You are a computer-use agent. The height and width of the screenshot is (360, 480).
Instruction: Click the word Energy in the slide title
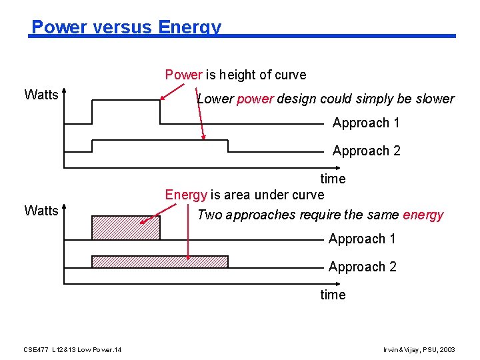click(189, 27)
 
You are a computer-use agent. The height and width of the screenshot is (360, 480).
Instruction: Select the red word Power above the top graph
click(183, 75)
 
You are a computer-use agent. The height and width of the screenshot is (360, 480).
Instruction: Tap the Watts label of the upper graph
click(41, 95)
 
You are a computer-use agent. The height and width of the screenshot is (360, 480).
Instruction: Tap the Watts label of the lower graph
click(41, 211)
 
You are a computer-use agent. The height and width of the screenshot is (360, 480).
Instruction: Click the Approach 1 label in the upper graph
click(366, 123)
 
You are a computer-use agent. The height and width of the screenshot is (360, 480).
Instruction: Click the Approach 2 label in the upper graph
click(366, 151)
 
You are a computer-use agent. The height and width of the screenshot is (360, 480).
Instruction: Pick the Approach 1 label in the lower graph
click(362, 239)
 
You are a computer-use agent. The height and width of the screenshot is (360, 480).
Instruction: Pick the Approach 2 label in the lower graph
click(362, 267)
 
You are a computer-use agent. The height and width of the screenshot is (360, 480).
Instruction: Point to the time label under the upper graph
click(333, 179)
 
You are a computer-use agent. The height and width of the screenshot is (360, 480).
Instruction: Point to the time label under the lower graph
click(333, 295)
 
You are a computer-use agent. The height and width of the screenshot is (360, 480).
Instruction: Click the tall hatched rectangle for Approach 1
click(126, 228)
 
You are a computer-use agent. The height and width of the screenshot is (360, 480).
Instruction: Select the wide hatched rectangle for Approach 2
click(160, 261)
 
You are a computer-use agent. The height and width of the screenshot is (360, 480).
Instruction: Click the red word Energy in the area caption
click(186, 195)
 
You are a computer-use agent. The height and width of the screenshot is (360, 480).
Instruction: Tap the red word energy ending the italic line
click(423, 215)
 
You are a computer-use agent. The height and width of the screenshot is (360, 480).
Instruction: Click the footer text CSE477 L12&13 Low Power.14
click(72, 350)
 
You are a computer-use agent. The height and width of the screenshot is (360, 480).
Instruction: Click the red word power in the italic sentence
click(255, 99)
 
